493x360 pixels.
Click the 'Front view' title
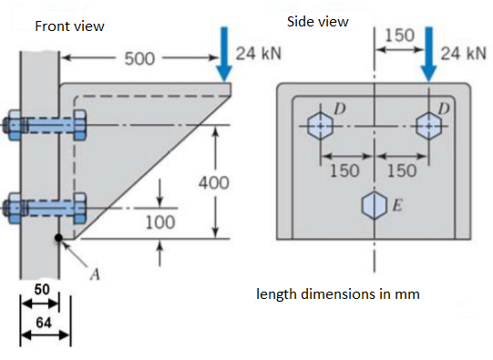click(x=69, y=26)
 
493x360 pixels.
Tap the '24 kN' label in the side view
click(x=463, y=55)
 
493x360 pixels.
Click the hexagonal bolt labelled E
click(x=373, y=206)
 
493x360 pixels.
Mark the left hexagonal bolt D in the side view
click(x=320, y=126)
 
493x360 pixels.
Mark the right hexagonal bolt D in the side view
click(x=427, y=126)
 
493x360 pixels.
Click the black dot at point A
click(x=58, y=239)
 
